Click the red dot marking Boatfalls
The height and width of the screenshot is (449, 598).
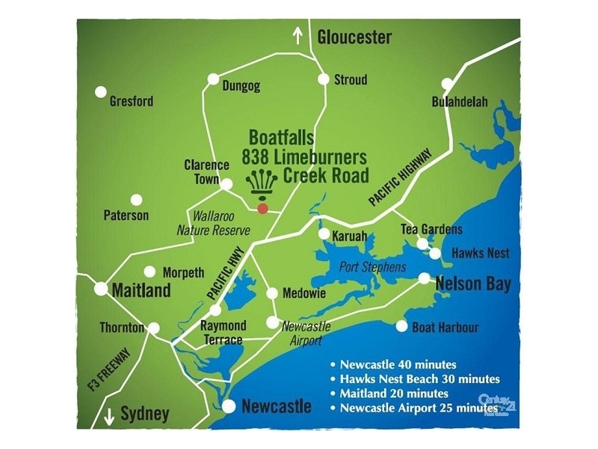pos(262,208)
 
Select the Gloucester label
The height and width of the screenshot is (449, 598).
pos(354,37)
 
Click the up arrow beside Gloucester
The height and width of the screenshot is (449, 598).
pos(298,35)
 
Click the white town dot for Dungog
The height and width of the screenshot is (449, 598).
pos(213,78)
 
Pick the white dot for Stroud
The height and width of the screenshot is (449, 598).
pos(324,79)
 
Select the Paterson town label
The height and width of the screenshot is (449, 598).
pos(126,216)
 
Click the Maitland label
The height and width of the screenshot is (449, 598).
pos(141,290)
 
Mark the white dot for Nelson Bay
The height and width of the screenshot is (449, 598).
pos(425,278)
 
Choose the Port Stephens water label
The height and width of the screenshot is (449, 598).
pos(372,267)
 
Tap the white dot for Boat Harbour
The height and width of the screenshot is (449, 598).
pos(402,326)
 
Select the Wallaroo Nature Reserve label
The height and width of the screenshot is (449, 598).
pos(212,223)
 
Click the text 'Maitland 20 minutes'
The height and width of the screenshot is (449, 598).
pos(394,393)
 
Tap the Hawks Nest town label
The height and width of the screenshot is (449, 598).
pos(480,254)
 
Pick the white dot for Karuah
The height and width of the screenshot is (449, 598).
pos(324,233)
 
